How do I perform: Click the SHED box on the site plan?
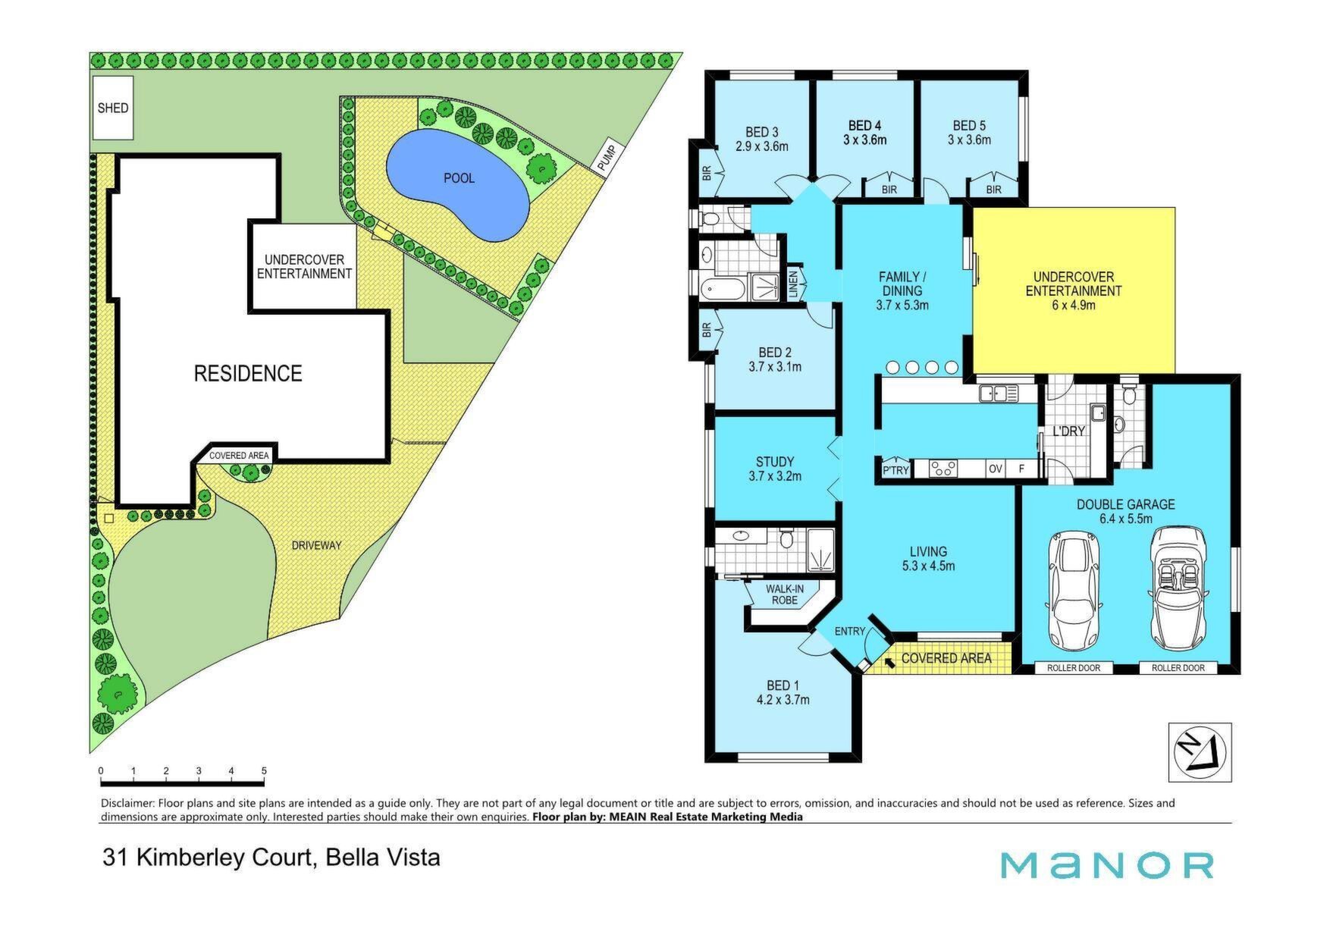click(x=113, y=108)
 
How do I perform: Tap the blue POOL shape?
click(x=457, y=185)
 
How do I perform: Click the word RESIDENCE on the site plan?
click(x=248, y=373)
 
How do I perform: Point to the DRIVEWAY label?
click(x=316, y=545)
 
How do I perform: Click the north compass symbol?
click(x=1200, y=752)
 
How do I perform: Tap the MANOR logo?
click(x=1106, y=865)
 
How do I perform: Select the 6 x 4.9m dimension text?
click(x=1073, y=306)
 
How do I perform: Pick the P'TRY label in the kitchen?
click(x=896, y=470)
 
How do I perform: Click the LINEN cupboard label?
click(x=793, y=283)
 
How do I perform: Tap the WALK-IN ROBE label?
click(x=785, y=594)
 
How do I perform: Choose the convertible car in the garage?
click(x=1178, y=588)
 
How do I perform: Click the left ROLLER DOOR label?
click(x=1074, y=668)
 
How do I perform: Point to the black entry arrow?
click(x=888, y=660)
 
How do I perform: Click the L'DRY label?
click(x=1068, y=431)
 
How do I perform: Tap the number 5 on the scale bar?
click(x=264, y=771)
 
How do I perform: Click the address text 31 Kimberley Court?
click(x=208, y=858)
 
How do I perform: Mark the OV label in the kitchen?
click(x=996, y=469)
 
